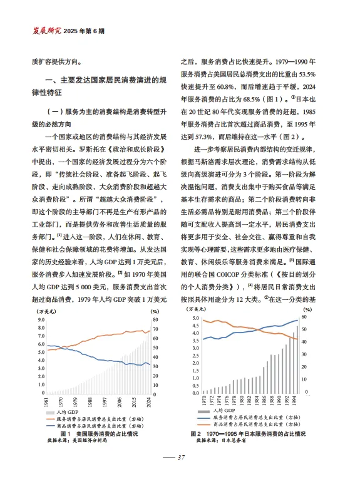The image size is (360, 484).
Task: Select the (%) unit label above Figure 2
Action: click(x=307, y=309)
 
